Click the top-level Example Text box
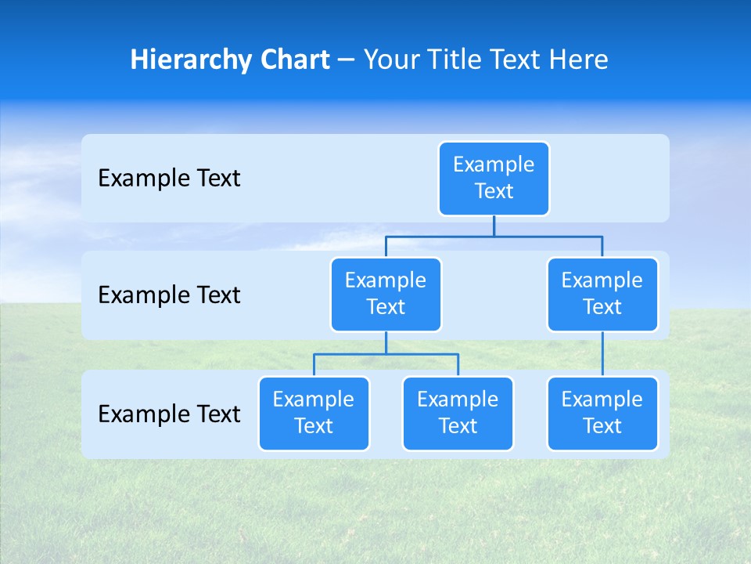[x=494, y=178]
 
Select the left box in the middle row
[x=386, y=294]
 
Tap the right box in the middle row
[x=602, y=294]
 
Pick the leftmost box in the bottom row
[x=314, y=413]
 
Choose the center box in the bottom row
[x=458, y=413]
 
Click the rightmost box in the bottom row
[x=602, y=413]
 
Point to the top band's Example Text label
[x=169, y=179]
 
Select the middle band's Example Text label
[x=169, y=295]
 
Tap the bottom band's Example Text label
[x=169, y=414]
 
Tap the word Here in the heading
[x=580, y=60]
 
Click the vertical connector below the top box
[x=494, y=226]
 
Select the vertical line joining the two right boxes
[x=602, y=354]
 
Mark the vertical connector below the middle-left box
[x=386, y=342]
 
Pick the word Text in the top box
[x=494, y=191]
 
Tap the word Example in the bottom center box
[x=458, y=399]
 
